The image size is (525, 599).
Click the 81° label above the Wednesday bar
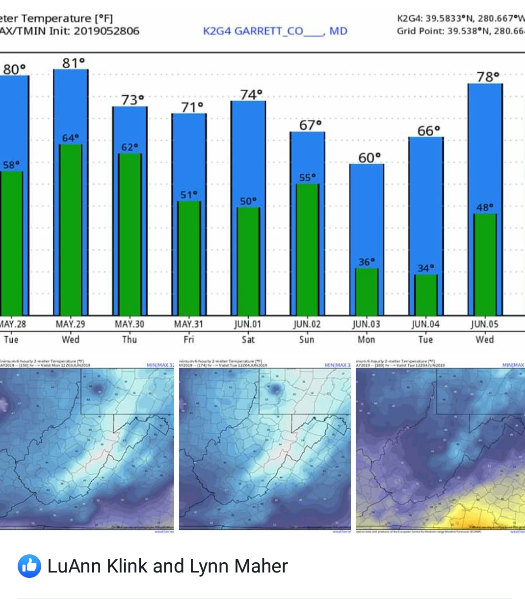tap(73, 63)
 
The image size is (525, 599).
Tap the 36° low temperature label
tap(366, 262)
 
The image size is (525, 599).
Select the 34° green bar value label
tap(425, 268)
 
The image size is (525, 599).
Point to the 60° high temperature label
tap(369, 158)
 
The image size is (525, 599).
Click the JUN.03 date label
tap(366, 324)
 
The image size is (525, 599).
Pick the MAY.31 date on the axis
tap(189, 324)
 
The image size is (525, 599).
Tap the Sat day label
tap(248, 339)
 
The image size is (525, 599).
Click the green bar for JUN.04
tap(425, 297)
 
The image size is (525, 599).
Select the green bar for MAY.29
tap(71, 231)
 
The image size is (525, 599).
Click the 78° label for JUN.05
tap(488, 77)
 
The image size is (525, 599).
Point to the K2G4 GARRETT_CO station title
tap(275, 31)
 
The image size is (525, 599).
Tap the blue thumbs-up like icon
tap(29, 567)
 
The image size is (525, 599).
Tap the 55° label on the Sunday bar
tap(307, 177)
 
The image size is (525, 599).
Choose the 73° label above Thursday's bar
tap(132, 100)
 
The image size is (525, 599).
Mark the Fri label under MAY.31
tap(189, 339)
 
